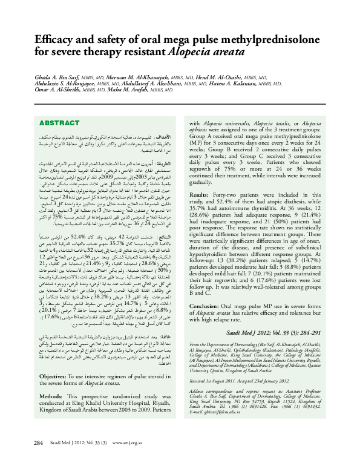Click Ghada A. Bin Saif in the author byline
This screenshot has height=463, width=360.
tap(51, 77)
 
